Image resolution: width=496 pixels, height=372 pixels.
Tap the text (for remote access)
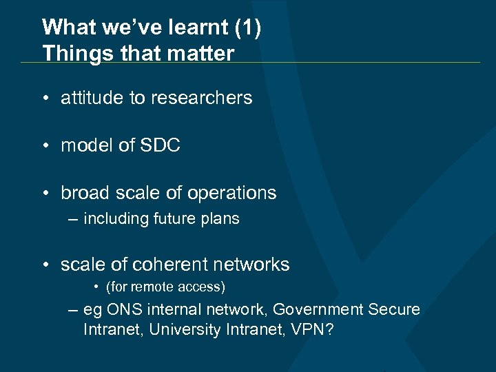[165, 287]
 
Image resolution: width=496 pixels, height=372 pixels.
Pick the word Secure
[393, 311]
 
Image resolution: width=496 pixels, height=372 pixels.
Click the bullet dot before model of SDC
[44, 146]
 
